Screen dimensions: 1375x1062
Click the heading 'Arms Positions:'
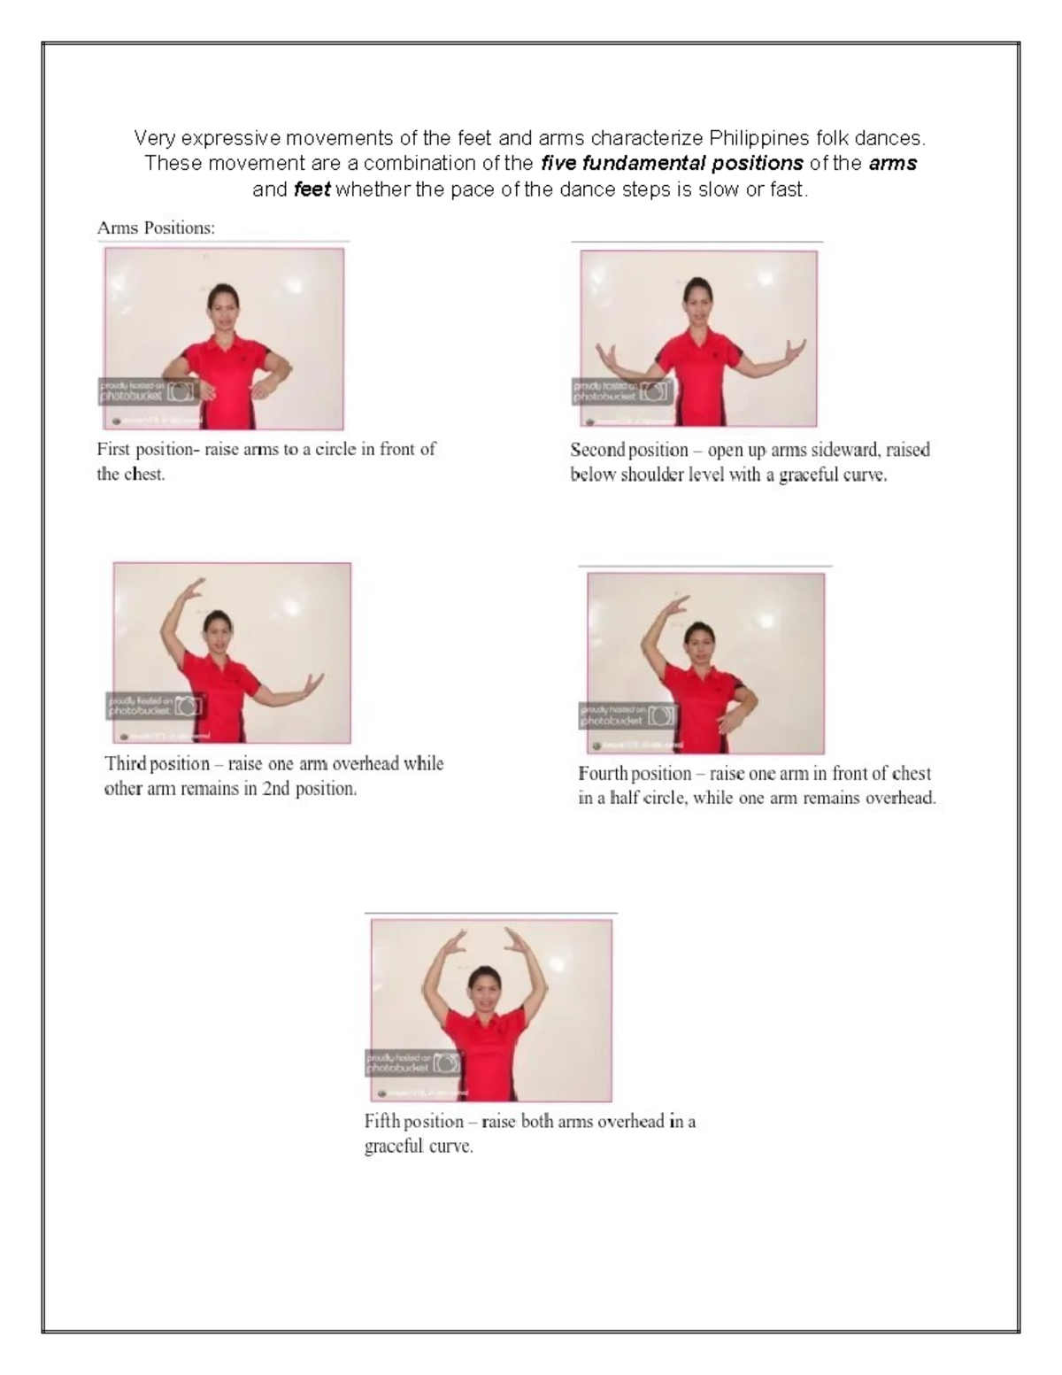(x=156, y=228)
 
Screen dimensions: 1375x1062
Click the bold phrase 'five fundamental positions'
(x=672, y=164)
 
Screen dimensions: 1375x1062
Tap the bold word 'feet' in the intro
(x=312, y=189)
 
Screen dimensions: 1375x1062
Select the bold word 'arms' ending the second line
(x=892, y=164)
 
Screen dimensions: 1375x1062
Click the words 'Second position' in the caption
(x=629, y=450)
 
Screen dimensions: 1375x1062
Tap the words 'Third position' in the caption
(x=157, y=764)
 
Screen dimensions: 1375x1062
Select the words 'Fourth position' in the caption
(x=635, y=774)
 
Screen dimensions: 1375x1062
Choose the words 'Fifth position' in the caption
(x=414, y=1122)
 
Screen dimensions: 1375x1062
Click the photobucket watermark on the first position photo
(x=147, y=391)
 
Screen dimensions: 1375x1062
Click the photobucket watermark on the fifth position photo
(x=413, y=1062)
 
